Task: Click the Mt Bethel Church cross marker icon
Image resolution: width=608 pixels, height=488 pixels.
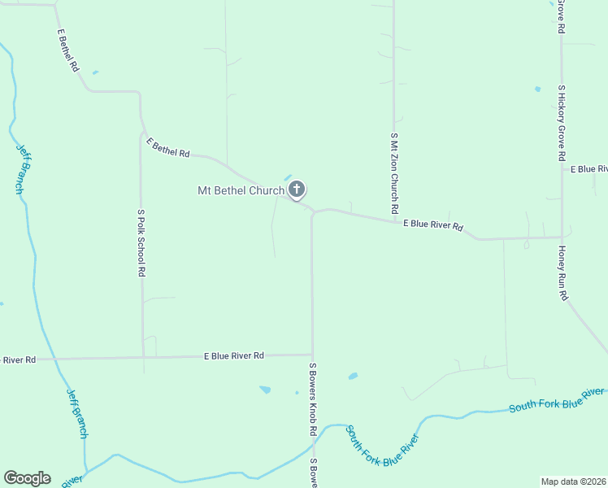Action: click(x=297, y=191)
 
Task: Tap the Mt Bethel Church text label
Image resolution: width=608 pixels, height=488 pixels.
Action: click(x=241, y=191)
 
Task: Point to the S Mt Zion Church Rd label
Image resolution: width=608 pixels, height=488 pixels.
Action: click(x=394, y=176)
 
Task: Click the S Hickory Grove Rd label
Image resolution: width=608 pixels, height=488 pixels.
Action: click(x=561, y=121)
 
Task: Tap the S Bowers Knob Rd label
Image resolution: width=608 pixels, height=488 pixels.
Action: click(x=311, y=399)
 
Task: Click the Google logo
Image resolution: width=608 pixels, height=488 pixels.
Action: click(x=27, y=478)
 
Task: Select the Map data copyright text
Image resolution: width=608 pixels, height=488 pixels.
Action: click(x=574, y=481)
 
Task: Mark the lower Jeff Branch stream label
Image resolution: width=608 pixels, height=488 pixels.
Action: click(x=77, y=412)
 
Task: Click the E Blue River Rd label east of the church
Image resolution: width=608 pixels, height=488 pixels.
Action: click(x=433, y=224)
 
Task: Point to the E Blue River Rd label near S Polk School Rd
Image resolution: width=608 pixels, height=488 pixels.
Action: click(x=233, y=356)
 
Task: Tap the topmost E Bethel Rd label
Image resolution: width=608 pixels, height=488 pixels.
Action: click(x=67, y=51)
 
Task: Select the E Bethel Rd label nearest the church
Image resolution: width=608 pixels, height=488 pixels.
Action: click(x=168, y=147)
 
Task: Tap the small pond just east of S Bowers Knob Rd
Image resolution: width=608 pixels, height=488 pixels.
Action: click(x=352, y=377)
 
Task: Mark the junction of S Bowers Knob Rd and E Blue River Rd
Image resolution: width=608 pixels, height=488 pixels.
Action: click(x=312, y=355)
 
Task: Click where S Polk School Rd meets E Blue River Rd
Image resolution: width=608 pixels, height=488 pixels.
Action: click(x=143, y=358)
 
